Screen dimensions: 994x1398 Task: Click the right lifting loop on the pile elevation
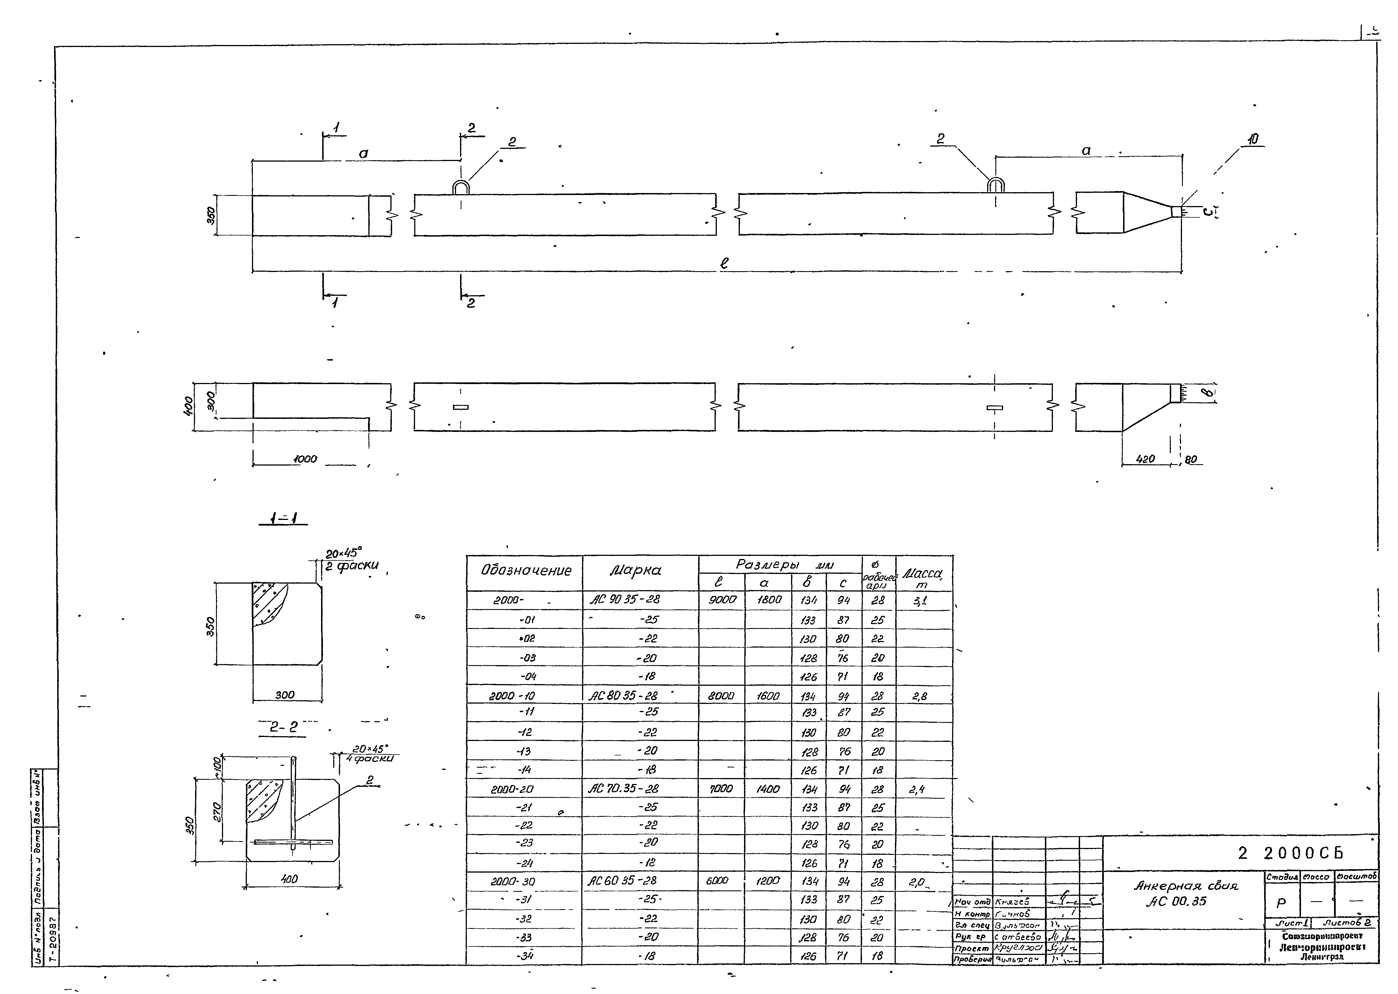996,184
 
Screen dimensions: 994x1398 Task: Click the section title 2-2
284,727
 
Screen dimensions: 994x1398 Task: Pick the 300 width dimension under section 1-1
285,695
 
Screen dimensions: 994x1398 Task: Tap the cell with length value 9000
722,600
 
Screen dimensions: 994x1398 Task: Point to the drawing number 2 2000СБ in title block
1292,853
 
